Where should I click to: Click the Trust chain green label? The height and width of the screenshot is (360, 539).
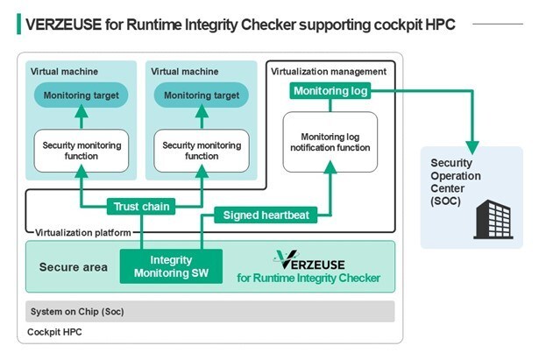click(140, 207)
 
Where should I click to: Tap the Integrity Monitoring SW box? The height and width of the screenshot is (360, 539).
click(170, 266)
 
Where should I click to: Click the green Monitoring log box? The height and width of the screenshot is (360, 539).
click(330, 91)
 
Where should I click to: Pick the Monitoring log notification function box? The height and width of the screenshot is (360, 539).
click(330, 142)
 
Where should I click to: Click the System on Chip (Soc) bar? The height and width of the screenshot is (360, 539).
click(210, 312)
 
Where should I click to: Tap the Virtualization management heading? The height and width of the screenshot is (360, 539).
click(328, 70)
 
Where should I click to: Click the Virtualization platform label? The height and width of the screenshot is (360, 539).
click(83, 232)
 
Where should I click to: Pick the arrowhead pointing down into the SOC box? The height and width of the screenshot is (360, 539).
click(474, 144)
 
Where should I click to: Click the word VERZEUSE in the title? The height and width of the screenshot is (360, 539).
click(66, 23)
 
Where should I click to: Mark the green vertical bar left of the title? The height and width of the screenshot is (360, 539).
click(19, 23)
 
